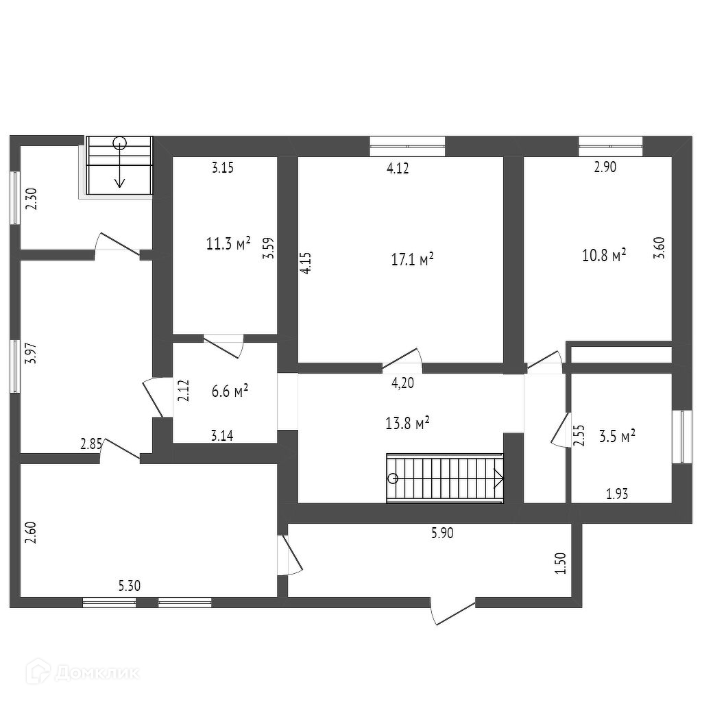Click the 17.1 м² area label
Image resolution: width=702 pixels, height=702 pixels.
click(413, 260)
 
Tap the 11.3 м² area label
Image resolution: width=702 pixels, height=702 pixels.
click(228, 243)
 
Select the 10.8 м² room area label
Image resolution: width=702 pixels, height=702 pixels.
click(604, 256)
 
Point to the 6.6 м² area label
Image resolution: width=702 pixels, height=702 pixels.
click(230, 391)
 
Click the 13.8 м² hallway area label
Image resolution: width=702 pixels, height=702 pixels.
click(407, 423)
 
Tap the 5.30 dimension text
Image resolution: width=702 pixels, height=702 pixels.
click(130, 585)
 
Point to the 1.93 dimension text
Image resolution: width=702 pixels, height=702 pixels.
click(617, 493)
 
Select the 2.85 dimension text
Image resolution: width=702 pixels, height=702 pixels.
click(91, 444)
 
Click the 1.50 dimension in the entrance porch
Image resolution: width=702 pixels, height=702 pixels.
click(561, 564)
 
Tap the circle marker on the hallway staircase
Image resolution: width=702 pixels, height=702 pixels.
click(392, 479)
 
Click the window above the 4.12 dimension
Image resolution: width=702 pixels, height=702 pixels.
click(407, 146)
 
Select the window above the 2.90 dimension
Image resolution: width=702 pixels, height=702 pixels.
click(610, 146)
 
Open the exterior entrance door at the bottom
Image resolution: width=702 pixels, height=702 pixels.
click(453, 612)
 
